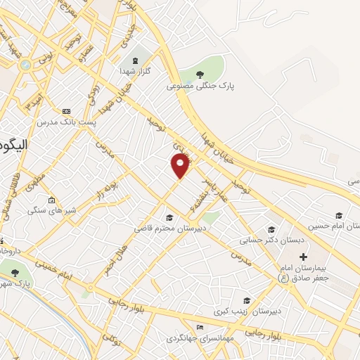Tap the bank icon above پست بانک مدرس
tap(67, 111)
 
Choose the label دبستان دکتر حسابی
tap(272, 240)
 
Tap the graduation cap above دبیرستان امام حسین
tap(339, 216)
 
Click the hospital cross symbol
tap(303, 257)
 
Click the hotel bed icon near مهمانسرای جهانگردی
tap(200, 327)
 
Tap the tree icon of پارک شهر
tap(15, 273)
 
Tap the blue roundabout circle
tap(26, 65)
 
